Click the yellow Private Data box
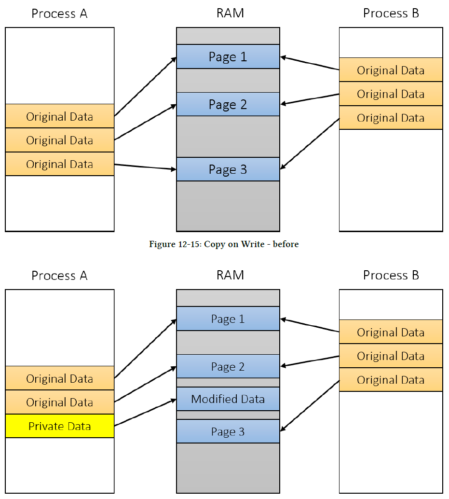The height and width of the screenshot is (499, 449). pyautogui.click(x=60, y=426)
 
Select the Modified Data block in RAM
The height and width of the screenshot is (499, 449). pyautogui.click(x=228, y=399)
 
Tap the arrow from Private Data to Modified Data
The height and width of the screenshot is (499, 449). pyautogui.click(x=145, y=412)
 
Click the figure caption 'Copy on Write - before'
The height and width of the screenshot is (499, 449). pyautogui.click(x=224, y=244)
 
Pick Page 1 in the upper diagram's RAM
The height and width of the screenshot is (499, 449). pyautogui.click(x=228, y=56)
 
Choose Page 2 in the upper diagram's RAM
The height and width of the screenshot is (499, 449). pyautogui.click(x=228, y=104)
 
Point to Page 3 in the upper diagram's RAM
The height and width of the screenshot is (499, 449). pyautogui.click(x=228, y=169)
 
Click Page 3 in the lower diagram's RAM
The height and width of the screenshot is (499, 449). pyautogui.click(x=228, y=431)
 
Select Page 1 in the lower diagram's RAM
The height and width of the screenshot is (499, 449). pyautogui.click(x=228, y=319)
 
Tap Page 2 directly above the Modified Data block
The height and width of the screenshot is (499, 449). pyautogui.click(x=228, y=367)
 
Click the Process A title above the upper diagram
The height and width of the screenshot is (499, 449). pyautogui.click(x=59, y=14)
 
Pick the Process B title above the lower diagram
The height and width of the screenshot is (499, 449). pyautogui.click(x=391, y=275)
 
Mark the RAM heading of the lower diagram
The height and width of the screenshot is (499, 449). pyautogui.click(x=230, y=275)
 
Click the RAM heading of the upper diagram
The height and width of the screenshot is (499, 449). pyautogui.click(x=230, y=13)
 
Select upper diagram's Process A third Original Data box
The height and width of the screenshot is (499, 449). pyautogui.click(x=60, y=164)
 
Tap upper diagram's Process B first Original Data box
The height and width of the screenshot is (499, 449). pyautogui.click(x=391, y=70)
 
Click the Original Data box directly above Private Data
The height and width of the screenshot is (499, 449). pyautogui.click(x=60, y=402)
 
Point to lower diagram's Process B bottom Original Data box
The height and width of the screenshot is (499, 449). pyautogui.click(x=391, y=380)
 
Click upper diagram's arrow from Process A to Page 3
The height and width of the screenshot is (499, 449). pyautogui.click(x=145, y=167)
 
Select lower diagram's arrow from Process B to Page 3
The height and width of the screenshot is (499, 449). pyautogui.click(x=310, y=406)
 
